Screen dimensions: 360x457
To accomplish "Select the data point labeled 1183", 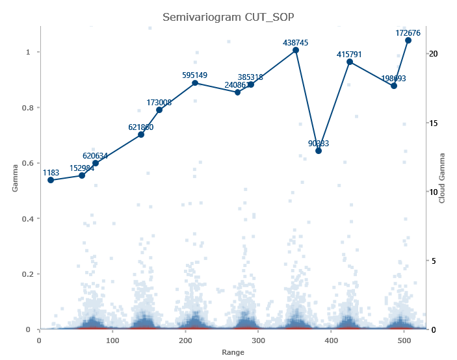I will (x=51, y=180).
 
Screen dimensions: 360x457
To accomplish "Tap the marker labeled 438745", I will (x=296, y=50).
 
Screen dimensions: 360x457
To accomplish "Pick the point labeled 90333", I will (x=319, y=151).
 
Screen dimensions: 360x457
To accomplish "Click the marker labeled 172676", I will (x=408, y=40).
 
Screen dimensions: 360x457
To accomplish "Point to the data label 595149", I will (x=195, y=75).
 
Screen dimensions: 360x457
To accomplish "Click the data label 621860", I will (x=141, y=127).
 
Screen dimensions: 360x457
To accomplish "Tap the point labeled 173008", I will (x=159, y=110).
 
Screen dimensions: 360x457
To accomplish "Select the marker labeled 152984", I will (x=82, y=175).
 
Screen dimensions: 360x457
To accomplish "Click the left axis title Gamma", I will (x=15, y=177).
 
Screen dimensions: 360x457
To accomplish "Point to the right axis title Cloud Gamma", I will (x=442, y=177).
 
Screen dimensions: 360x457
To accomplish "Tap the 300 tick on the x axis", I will (x=259, y=340).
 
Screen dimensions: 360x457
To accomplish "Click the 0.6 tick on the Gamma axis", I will (x=29, y=163).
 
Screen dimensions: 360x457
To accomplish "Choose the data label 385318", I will (x=250, y=77).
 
